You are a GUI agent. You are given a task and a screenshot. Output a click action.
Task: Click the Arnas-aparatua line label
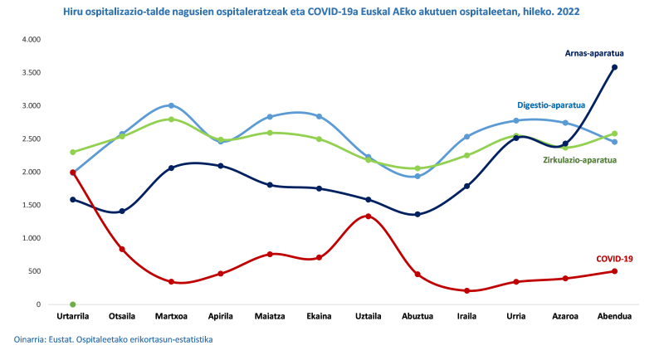tap(593, 53)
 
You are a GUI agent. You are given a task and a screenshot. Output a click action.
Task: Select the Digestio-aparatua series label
tap(551, 105)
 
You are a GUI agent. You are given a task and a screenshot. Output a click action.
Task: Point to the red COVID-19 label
tap(614, 259)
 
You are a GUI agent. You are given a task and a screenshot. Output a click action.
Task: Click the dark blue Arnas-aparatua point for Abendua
tap(614, 67)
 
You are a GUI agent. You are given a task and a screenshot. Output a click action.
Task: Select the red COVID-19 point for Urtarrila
tap(73, 173)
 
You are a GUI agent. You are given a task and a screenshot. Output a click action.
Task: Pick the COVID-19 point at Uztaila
tap(369, 216)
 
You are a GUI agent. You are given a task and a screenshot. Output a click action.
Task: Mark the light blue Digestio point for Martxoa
tap(171, 105)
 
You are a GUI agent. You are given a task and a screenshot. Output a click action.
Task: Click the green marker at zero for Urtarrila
tap(73, 304)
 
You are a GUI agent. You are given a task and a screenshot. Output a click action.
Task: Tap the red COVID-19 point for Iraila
tap(467, 291)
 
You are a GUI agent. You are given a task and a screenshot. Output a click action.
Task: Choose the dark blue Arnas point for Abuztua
tap(417, 215)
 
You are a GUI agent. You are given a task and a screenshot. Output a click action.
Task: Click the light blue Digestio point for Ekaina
tap(319, 116)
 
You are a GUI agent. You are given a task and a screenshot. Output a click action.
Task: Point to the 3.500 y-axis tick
tap(31, 73)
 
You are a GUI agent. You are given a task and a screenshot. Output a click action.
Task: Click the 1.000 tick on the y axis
tap(31, 238)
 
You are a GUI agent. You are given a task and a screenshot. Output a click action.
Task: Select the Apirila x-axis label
tap(220, 316)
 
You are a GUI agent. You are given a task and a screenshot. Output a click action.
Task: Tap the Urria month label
tap(516, 316)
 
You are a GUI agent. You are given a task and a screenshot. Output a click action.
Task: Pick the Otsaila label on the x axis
tap(122, 316)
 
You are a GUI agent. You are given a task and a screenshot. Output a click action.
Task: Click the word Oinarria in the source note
tap(30, 339)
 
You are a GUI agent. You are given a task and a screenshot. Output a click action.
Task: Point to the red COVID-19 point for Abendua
tap(614, 271)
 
